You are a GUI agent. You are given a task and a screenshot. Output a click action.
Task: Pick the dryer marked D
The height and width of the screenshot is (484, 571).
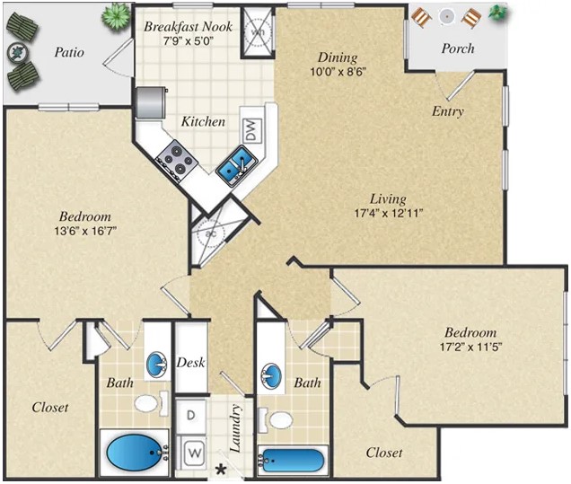(x=192, y=416)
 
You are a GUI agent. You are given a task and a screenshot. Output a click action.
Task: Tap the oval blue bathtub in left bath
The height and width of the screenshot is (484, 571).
(x=135, y=452)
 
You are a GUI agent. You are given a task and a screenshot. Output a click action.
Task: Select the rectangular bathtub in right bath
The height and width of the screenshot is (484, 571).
(x=292, y=460)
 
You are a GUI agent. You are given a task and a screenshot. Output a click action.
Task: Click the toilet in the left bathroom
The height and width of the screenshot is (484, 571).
(x=151, y=403)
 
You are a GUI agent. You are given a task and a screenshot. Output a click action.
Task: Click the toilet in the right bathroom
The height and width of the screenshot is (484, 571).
(x=279, y=419)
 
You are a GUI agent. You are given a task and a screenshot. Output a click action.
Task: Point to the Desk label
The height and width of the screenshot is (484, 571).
(x=191, y=363)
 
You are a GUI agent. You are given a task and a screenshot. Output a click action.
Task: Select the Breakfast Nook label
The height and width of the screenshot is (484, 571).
(x=188, y=27)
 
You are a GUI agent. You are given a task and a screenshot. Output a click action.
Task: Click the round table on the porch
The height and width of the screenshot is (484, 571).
(x=446, y=14)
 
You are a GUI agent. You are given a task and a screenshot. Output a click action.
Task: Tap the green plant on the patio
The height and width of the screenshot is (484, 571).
(x=116, y=14)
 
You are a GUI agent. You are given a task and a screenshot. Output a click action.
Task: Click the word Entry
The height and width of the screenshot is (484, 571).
(x=447, y=112)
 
